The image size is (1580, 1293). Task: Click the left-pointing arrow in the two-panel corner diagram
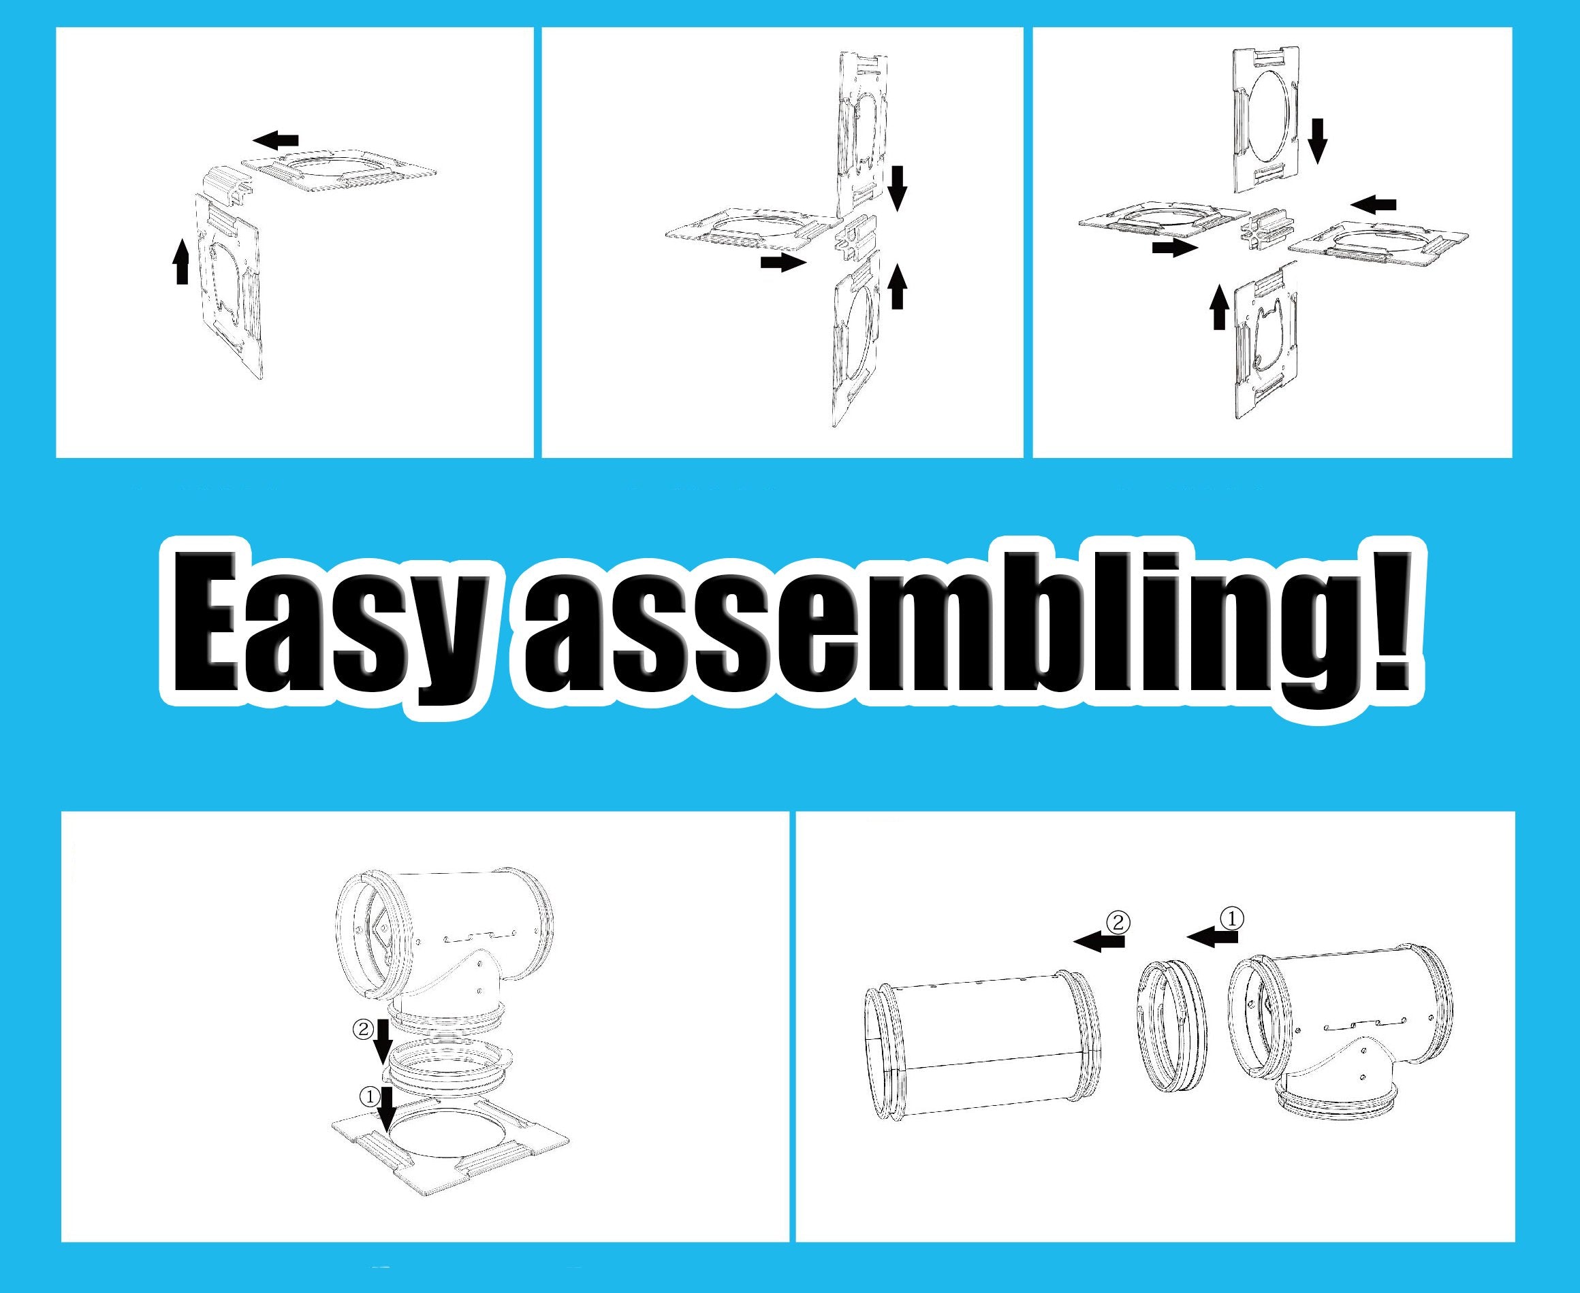(275, 140)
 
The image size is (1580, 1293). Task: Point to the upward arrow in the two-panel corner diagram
(181, 261)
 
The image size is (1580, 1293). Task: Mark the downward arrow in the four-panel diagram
(1318, 140)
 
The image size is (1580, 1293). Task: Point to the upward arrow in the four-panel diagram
(1220, 306)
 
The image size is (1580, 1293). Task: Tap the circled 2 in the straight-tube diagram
(1118, 923)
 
